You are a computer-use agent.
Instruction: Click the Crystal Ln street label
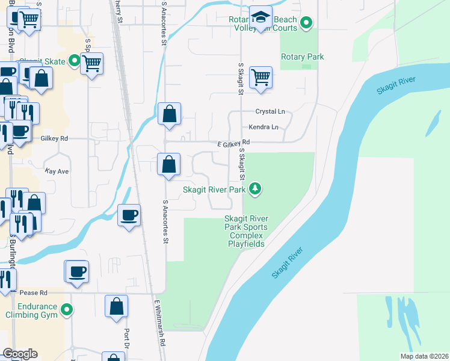click(x=270, y=111)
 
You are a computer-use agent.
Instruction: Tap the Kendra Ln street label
click(x=264, y=128)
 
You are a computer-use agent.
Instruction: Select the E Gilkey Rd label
click(x=233, y=144)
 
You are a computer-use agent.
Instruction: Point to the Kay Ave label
click(x=57, y=171)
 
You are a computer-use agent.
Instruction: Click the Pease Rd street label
click(x=33, y=293)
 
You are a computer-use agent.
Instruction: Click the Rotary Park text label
click(x=303, y=57)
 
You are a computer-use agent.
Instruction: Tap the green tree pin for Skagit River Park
click(x=256, y=189)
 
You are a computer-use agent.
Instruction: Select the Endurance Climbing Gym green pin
click(x=67, y=310)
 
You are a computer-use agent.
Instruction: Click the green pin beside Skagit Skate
click(x=74, y=60)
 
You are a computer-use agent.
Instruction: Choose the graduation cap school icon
click(x=260, y=17)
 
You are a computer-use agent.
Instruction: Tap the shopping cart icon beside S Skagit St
click(x=260, y=76)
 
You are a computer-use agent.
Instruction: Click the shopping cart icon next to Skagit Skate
click(x=91, y=63)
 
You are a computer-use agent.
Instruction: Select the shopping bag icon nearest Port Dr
click(x=116, y=306)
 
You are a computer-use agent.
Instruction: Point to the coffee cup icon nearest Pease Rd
click(x=77, y=271)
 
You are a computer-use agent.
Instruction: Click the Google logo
click(x=20, y=354)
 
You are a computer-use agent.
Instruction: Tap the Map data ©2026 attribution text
click(x=425, y=356)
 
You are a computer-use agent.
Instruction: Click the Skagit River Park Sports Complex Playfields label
click(x=246, y=231)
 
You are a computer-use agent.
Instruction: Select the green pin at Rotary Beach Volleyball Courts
click(x=306, y=23)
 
